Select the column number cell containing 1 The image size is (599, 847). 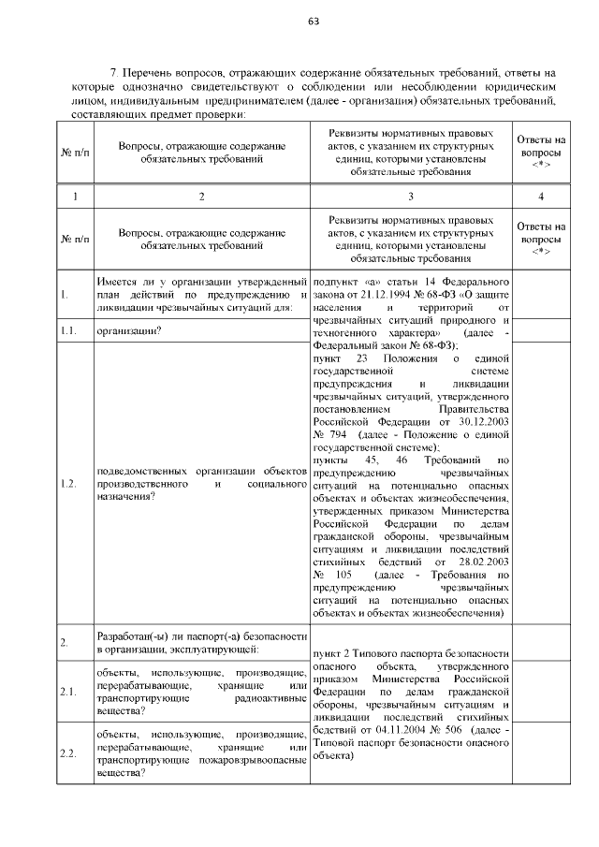(x=75, y=196)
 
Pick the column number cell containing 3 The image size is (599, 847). (x=410, y=196)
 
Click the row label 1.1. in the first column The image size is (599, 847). (x=67, y=330)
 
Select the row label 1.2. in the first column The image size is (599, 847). (x=67, y=484)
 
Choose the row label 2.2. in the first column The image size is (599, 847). (x=67, y=753)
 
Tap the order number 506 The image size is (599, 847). (x=455, y=729)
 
